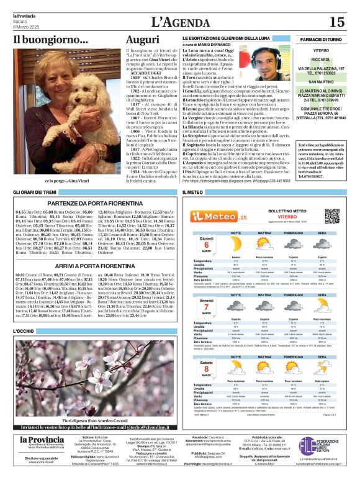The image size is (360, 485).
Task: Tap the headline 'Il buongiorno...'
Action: (x=42, y=39)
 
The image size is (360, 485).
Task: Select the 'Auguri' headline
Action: (x=142, y=39)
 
